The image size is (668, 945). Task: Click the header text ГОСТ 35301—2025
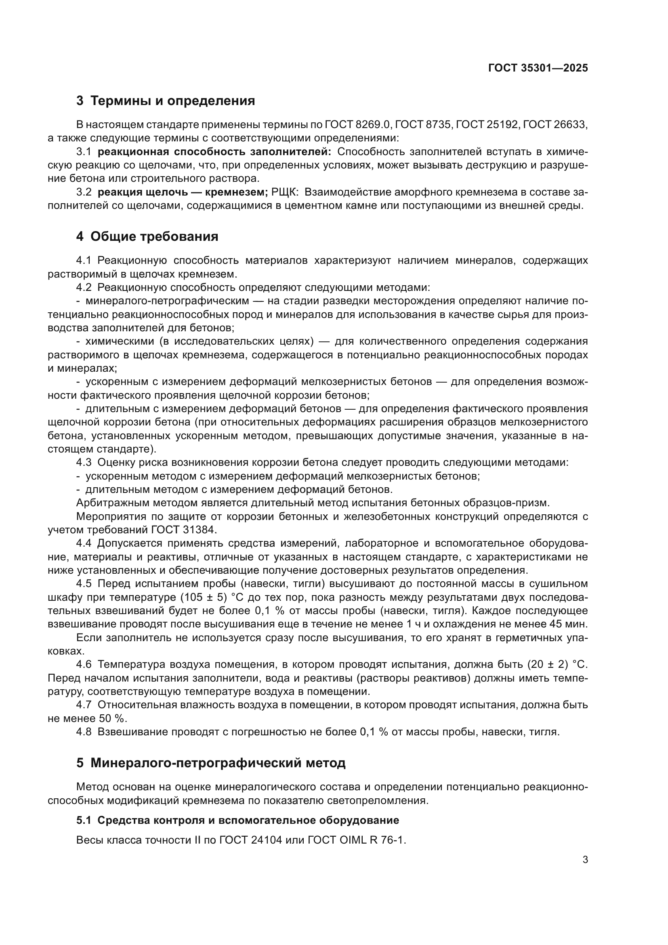538,68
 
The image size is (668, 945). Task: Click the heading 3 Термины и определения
165,101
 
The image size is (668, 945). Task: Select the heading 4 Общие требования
147,237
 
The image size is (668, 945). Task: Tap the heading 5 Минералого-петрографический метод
210,763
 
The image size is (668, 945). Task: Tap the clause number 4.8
84,732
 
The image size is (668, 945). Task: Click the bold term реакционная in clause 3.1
133,152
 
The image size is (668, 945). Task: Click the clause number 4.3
84,463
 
